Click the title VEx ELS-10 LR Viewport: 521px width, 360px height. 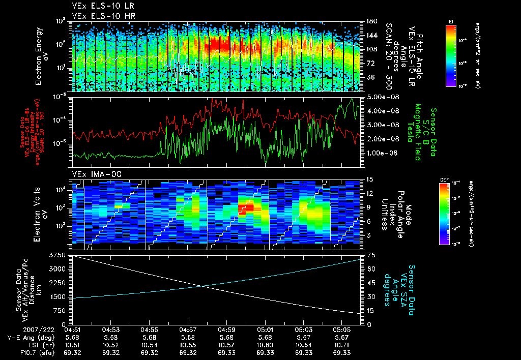point(93,7)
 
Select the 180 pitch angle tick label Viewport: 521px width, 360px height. point(371,21)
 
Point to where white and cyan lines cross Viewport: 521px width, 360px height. point(202,286)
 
